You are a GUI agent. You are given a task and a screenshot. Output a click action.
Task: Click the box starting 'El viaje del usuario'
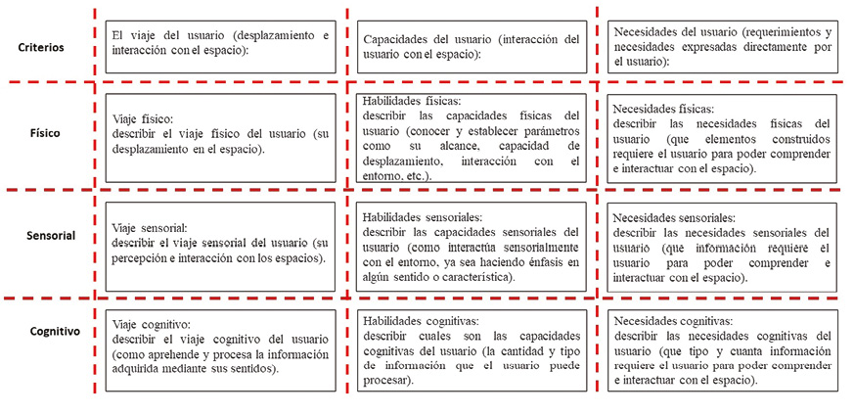(218, 44)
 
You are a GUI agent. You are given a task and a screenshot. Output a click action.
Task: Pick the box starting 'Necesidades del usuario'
(723, 46)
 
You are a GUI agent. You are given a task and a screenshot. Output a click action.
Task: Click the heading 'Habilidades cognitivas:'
(420, 320)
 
